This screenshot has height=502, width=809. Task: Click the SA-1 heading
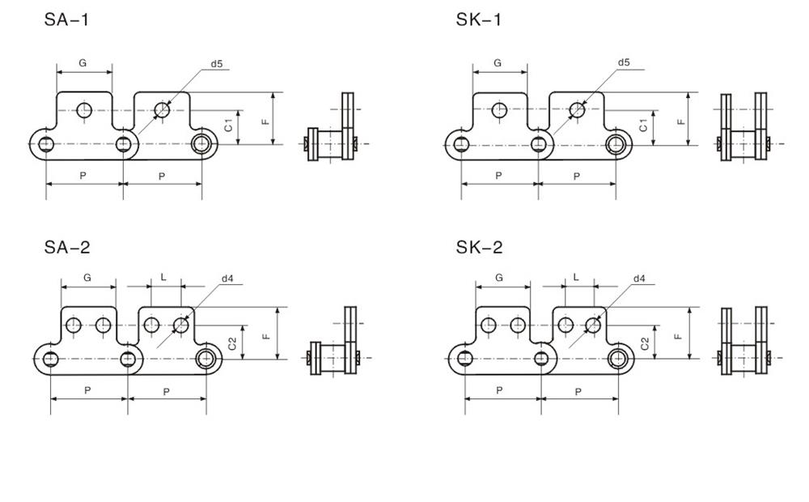coord(66,19)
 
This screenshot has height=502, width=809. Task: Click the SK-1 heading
coord(479,19)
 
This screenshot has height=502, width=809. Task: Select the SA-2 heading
coord(66,248)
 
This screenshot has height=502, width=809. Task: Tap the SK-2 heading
coord(479,248)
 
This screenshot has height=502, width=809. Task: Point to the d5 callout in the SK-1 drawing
coord(624,62)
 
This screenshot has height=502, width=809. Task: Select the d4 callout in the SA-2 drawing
coord(227,279)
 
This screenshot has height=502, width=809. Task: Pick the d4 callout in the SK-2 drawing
coord(639,279)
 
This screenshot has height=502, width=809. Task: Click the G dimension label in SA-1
coord(83,62)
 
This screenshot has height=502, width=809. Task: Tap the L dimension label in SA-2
coord(163,277)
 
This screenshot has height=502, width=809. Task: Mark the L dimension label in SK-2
coord(576,277)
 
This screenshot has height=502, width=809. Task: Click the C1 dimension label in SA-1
coord(229,126)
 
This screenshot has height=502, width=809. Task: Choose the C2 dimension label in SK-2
coord(645,342)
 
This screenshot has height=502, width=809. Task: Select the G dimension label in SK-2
coord(499,278)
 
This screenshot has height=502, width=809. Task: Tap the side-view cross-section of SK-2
coord(745,344)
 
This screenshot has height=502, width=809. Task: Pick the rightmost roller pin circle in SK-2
coord(621,358)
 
